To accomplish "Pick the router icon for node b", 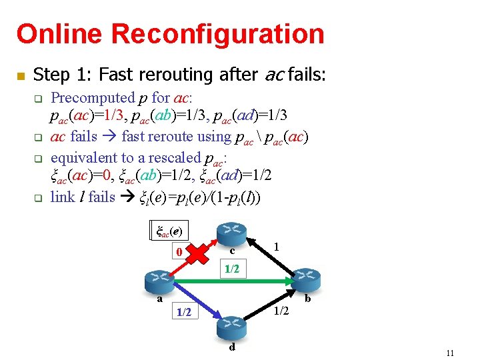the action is [x=305, y=279].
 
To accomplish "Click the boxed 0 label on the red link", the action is [x=178, y=253].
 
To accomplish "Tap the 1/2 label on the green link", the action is [x=231, y=269].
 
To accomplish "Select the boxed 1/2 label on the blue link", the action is [x=184, y=312].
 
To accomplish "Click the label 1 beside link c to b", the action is [x=276, y=246].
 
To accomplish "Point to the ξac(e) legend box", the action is [x=169, y=231].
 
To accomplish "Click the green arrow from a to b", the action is [x=253, y=281].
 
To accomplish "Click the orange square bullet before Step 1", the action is [x=21, y=75].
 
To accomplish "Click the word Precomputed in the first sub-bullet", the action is [x=93, y=98].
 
